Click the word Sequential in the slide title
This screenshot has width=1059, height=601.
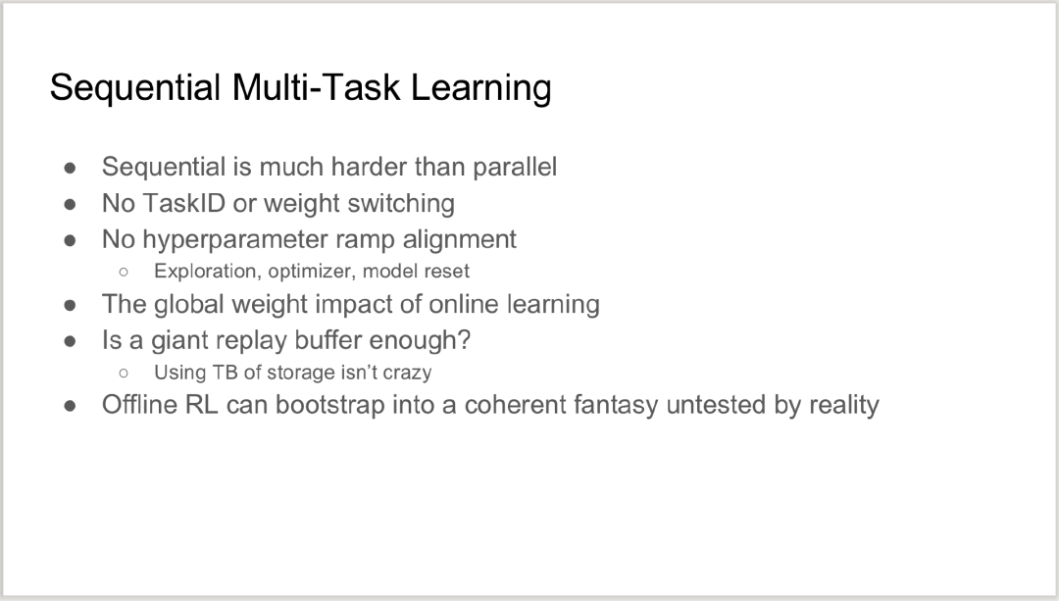tap(135, 88)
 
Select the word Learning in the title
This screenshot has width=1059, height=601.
tap(480, 88)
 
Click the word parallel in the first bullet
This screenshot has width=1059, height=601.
tap(515, 167)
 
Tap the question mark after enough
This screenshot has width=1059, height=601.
tap(464, 339)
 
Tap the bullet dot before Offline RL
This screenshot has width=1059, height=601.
tap(71, 405)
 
